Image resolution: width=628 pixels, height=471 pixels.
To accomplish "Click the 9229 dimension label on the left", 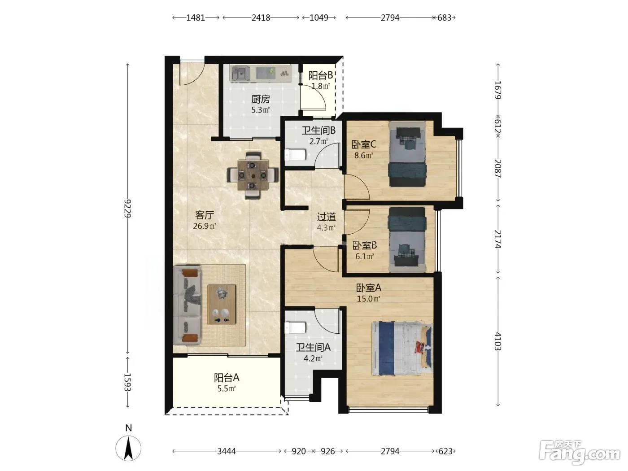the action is [127, 208].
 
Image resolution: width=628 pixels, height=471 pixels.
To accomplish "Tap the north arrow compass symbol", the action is [128, 448].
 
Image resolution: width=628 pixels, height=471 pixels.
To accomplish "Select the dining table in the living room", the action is [253, 175].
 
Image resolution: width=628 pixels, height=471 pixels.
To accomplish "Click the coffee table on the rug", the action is [222, 304].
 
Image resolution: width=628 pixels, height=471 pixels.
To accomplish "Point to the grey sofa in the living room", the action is [187, 305].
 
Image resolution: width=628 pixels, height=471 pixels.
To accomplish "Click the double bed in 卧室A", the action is [402, 348].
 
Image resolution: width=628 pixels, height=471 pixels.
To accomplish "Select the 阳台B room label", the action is [320, 75].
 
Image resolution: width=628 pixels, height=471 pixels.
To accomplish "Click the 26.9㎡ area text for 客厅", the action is [204, 226].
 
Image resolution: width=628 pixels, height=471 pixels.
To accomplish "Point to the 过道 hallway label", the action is [326, 217].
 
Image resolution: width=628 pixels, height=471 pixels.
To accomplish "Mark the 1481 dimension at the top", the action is [196, 18].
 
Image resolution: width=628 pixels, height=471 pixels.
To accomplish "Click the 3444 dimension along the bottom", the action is [227, 451].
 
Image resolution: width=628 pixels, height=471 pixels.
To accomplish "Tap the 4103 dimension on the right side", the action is [498, 341].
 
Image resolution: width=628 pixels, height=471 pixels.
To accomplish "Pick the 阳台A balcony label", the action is [227, 378].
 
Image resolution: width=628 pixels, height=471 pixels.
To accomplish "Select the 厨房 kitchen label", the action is [261, 99].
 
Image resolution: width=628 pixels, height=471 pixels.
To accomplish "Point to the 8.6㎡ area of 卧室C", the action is [364, 156].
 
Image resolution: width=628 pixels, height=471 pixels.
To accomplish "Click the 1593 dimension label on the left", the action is [127, 382].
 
